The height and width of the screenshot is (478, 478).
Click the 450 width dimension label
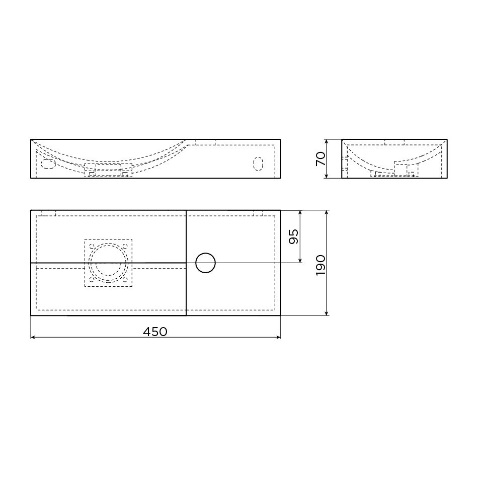pos(155,332)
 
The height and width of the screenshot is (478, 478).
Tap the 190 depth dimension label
pos(321,266)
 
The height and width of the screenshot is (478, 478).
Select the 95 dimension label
pos(293,236)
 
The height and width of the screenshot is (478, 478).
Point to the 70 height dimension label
pos(321,158)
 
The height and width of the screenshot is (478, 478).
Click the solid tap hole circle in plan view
pos(205,263)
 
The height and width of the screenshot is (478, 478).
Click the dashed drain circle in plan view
pos(108,263)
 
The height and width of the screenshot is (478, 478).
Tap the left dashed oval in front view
pos(48,164)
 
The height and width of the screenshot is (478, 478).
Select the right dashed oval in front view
pos(258,164)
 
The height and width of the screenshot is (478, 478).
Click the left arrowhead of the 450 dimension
pos(33,337)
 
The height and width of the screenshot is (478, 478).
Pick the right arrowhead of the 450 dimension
pos(278,337)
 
